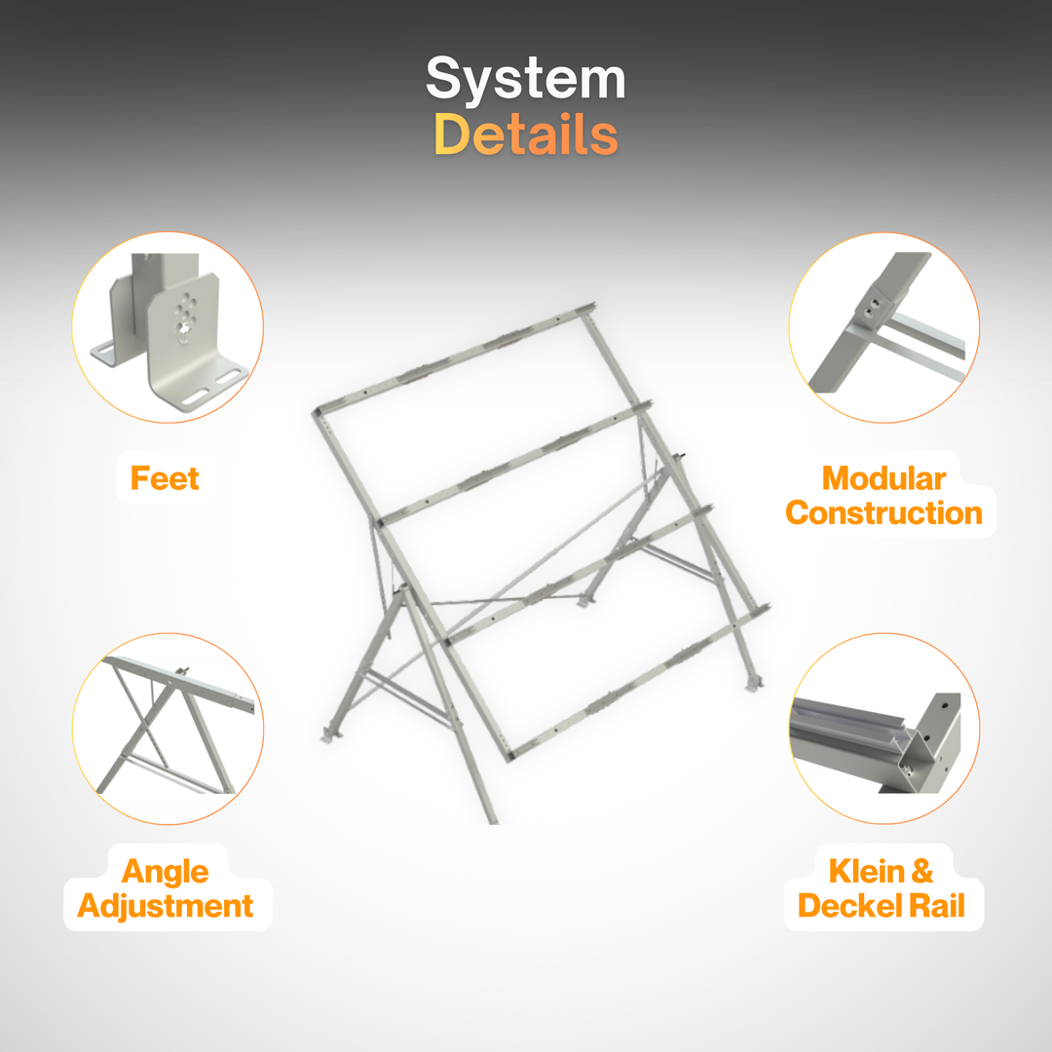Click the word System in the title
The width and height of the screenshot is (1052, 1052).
coord(525,80)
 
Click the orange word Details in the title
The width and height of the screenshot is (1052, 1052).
coord(525,135)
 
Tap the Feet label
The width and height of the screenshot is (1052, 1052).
coord(165,478)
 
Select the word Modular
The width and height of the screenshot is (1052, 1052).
coord(883,478)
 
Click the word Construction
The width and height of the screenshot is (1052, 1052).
coord(883,513)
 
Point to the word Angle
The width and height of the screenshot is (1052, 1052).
coord(165,871)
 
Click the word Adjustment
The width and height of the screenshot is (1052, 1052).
coord(165,906)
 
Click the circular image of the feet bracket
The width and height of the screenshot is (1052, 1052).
coord(168,327)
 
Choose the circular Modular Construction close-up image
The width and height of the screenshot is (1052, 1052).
coord(883,327)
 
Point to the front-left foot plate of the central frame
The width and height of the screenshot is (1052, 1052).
coord(330,733)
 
